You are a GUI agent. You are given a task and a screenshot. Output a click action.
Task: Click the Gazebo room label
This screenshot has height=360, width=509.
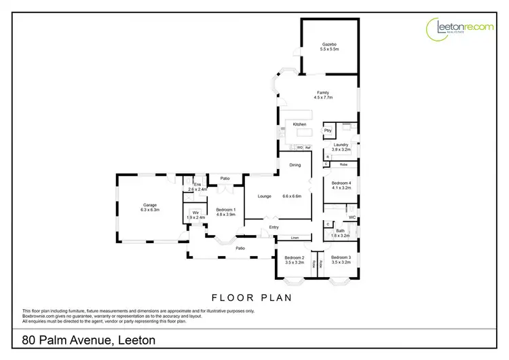point(329,46)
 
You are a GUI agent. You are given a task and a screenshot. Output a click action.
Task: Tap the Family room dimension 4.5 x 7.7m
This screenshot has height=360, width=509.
point(322,98)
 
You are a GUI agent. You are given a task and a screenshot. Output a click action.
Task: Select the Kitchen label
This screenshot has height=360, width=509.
point(299,124)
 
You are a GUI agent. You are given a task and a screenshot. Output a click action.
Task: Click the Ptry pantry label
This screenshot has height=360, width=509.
point(328,130)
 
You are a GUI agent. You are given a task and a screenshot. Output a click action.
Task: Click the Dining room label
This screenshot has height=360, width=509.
point(295,165)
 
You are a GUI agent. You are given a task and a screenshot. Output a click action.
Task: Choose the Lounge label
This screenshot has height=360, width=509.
point(264,196)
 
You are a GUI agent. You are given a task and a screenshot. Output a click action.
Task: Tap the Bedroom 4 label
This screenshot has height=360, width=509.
point(341,183)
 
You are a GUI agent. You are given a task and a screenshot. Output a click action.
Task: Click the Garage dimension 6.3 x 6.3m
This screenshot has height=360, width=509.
point(150,210)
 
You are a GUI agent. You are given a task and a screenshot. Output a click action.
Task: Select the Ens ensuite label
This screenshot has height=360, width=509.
point(197,185)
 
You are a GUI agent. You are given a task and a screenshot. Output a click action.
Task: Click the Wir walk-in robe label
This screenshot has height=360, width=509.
point(195,213)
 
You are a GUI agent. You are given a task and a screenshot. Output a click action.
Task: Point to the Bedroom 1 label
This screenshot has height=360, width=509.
point(225,209)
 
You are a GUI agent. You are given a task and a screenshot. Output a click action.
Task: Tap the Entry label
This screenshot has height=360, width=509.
point(274,227)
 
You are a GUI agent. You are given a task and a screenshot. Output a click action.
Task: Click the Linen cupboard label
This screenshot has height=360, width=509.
point(295,238)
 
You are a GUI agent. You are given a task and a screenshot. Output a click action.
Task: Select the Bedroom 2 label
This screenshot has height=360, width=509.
point(294,257)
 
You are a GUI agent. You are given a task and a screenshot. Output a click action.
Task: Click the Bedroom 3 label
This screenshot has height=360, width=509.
point(341,257)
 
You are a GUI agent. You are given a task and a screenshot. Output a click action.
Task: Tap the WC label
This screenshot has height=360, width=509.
point(352,217)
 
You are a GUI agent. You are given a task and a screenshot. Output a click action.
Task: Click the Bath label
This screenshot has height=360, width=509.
point(340,231)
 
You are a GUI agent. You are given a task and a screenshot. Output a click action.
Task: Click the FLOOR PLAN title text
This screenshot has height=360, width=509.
point(252,297)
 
